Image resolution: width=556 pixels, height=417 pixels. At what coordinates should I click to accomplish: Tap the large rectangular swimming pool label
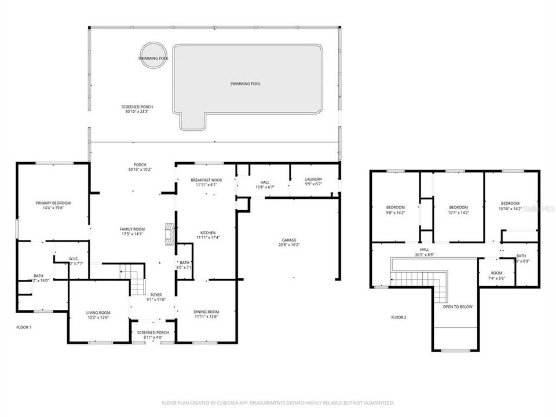(x=245, y=84)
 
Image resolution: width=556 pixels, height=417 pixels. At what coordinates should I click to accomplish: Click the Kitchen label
(x=206, y=234)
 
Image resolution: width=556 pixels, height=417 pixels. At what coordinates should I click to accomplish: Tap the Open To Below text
(x=457, y=307)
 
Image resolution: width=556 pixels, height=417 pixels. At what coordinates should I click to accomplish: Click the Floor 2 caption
(x=399, y=317)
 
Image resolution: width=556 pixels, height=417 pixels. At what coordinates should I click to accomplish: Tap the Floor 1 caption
(x=24, y=327)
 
